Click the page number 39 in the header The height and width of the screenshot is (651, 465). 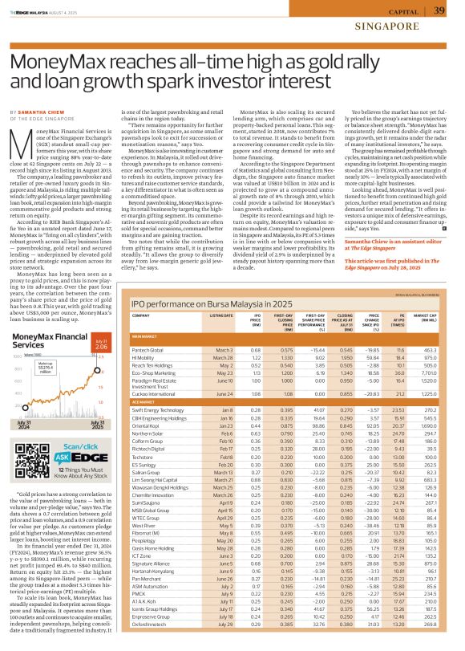tap(439, 10)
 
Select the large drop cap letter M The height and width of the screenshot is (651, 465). tap(22, 141)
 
